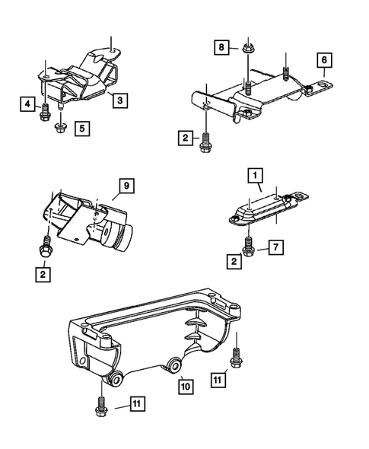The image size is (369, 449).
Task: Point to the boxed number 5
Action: tap(81, 129)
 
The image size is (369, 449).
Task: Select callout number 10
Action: tap(186, 386)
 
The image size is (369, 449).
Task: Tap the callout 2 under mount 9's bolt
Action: tap(43, 273)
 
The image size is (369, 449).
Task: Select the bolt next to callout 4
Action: tap(44, 112)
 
